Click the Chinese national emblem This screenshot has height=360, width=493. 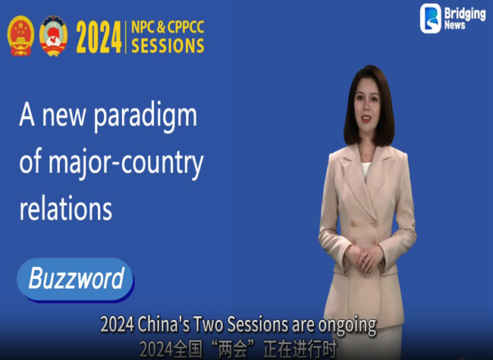click(21, 36)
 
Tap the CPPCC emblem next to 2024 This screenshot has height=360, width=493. click(54, 36)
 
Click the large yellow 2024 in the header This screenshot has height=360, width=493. click(99, 36)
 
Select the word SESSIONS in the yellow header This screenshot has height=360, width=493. click(168, 45)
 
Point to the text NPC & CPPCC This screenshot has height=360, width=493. click(167, 27)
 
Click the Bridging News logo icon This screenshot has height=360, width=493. click(431, 18)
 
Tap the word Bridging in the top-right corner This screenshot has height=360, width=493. click(465, 13)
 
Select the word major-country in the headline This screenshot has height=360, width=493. click(135, 162)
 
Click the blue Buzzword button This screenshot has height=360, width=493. click(75, 279)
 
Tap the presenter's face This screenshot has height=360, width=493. click(368, 111)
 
